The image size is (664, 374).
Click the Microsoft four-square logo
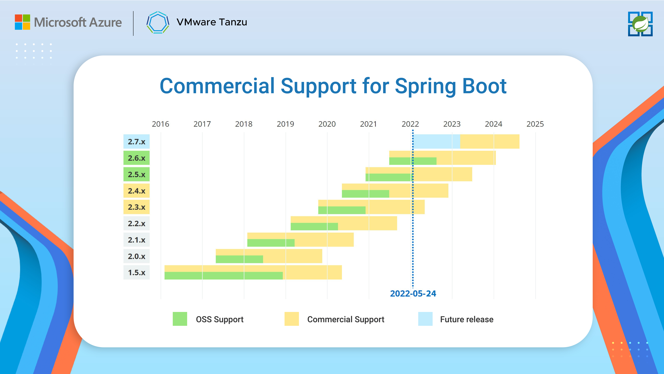pyautogui.click(x=22, y=22)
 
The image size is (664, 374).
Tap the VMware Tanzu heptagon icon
pyautogui.click(x=158, y=22)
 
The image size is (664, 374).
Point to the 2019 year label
pyautogui.click(x=285, y=124)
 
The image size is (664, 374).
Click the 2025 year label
pyautogui.click(x=535, y=124)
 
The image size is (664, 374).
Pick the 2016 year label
pyautogui.click(x=160, y=124)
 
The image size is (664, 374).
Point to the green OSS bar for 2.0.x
pyautogui.click(x=239, y=259)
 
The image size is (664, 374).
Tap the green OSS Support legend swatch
pyautogui.click(x=180, y=319)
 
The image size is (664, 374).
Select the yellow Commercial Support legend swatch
pyautogui.click(x=292, y=319)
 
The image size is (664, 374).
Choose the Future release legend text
pyautogui.click(x=467, y=320)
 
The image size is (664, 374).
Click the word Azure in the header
pyautogui.click(x=106, y=22)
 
